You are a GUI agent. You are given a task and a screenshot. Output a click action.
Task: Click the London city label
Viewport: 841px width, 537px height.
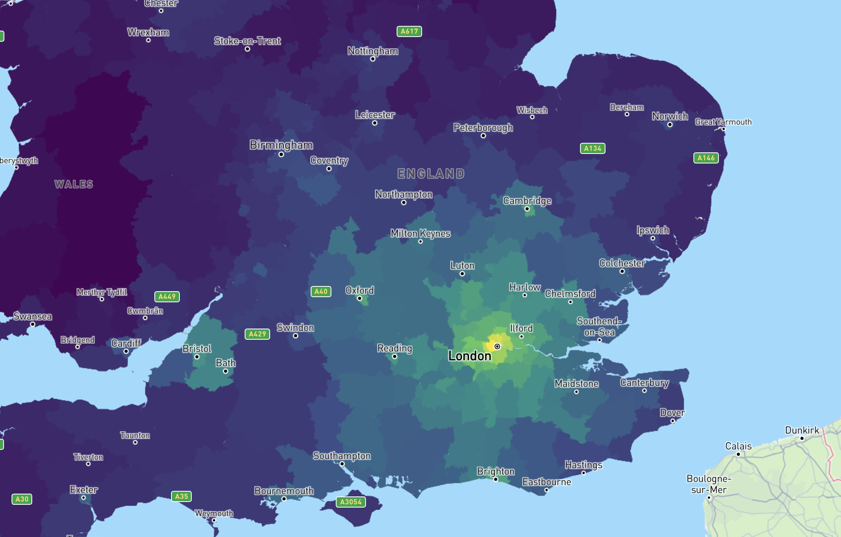point(469,356)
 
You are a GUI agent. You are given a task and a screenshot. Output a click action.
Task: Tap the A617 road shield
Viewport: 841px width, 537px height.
point(409,31)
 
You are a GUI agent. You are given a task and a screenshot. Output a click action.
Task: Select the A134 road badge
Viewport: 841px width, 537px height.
point(592,148)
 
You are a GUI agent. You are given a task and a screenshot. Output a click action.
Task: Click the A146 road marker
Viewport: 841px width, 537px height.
point(706,158)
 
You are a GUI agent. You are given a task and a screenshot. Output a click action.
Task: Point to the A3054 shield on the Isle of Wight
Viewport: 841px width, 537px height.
point(350,502)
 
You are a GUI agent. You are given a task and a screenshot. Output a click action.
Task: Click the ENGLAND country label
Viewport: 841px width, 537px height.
point(431,174)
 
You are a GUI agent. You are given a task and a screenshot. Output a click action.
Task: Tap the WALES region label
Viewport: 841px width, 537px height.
point(74,184)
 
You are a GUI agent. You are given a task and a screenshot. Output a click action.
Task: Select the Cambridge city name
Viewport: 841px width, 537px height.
point(527,200)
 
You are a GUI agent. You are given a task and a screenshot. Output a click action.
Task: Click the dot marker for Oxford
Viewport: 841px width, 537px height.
point(360,298)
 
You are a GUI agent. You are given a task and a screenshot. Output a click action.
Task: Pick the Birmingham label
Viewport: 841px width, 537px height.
point(281,145)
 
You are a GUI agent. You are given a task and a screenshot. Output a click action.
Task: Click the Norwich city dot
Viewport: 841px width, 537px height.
point(670,125)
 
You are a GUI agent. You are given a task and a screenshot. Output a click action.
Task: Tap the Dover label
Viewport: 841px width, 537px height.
point(672,412)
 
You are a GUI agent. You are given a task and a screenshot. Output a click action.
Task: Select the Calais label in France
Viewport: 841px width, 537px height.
point(738,446)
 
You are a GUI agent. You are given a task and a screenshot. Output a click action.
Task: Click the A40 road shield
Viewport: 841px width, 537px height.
point(321,292)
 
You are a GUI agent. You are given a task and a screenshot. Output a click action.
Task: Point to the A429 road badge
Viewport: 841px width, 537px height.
point(257,334)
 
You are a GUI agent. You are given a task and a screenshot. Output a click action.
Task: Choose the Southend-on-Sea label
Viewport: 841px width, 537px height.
point(599,327)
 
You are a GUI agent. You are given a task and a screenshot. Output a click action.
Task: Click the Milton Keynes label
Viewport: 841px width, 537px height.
point(420,233)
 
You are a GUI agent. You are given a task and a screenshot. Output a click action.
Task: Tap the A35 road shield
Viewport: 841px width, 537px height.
point(181,496)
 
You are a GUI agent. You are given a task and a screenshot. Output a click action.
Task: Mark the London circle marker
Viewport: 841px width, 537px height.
point(497,346)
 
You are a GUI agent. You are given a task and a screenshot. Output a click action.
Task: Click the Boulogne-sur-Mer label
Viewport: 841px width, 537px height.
point(709,484)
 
